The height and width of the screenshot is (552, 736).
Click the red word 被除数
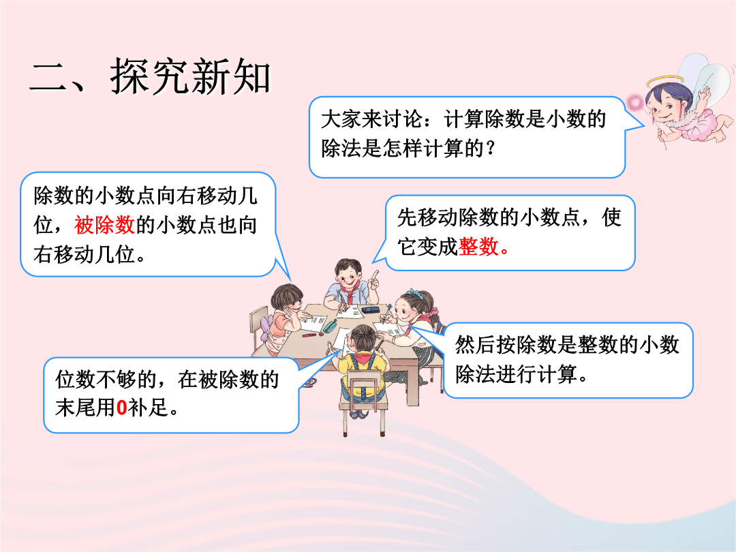105,225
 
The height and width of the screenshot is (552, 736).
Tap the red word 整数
478,247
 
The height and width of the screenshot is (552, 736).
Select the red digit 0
121,408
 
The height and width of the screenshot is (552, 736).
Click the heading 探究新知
191,76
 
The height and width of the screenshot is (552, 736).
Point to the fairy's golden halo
666,82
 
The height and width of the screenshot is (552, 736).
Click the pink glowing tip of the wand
635,101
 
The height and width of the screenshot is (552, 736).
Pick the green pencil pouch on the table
330,326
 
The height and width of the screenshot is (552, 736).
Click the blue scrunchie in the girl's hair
414,292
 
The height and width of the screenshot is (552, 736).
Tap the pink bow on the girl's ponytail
432,311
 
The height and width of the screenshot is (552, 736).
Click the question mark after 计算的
491,149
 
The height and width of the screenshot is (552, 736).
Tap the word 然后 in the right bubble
475,345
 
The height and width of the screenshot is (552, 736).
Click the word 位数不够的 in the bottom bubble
106,379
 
